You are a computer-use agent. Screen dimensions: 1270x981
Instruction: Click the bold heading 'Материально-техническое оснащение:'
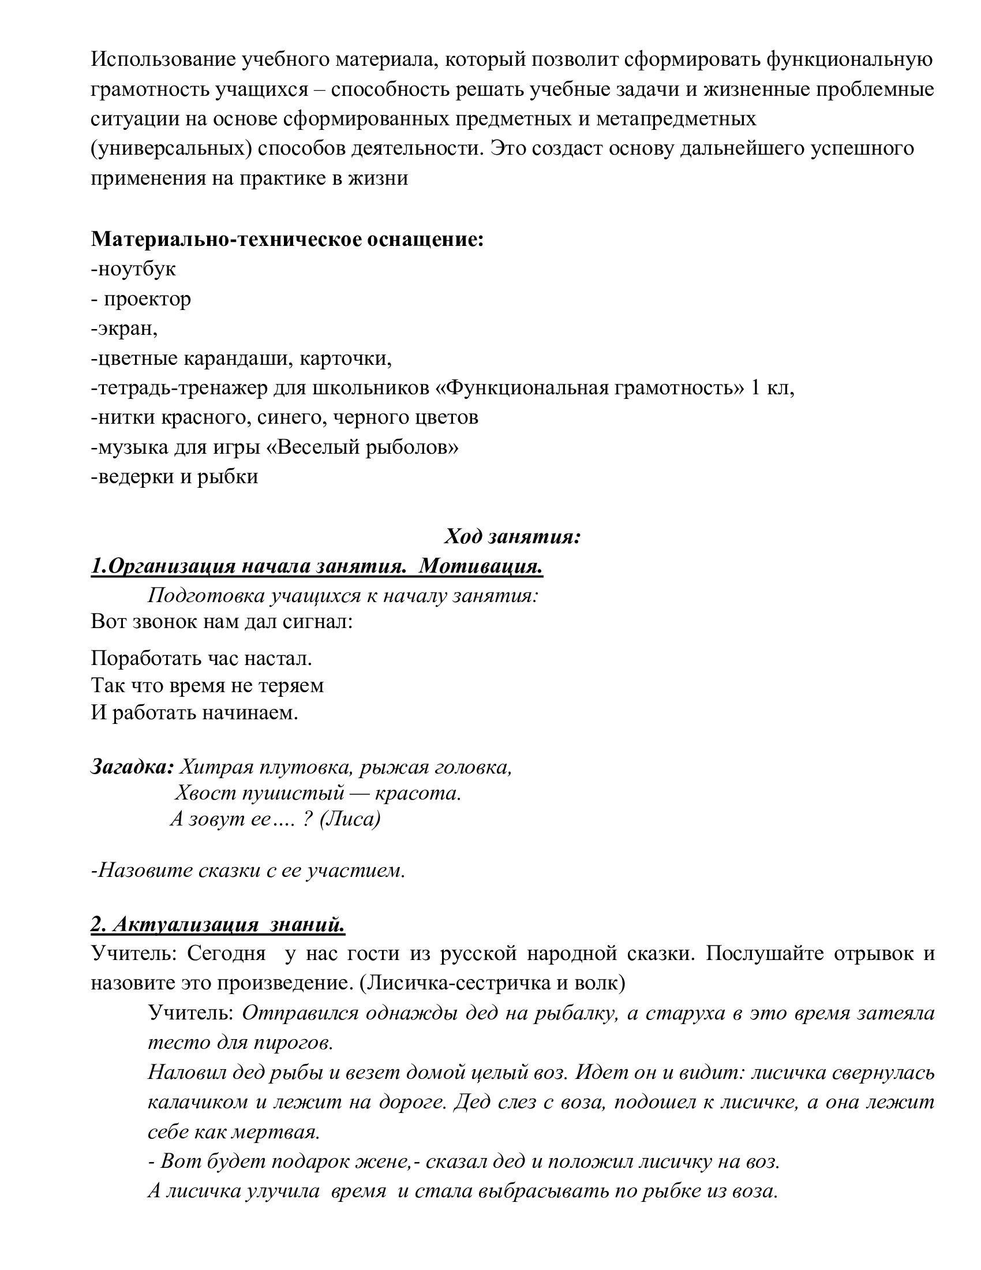click(287, 240)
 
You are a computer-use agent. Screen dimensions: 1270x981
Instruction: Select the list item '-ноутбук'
click(133, 269)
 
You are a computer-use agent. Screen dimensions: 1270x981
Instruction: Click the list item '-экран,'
click(125, 328)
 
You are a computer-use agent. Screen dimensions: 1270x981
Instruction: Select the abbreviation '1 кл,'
click(772, 388)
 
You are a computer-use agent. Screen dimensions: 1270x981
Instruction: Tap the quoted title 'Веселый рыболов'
click(366, 447)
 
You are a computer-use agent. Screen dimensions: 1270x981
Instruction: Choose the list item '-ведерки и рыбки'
click(174, 477)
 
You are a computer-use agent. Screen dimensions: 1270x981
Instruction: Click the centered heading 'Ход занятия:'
click(512, 536)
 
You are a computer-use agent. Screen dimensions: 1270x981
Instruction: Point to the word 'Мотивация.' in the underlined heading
click(480, 566)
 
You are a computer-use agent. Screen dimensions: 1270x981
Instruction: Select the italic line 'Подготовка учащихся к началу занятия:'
click(343, 596)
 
